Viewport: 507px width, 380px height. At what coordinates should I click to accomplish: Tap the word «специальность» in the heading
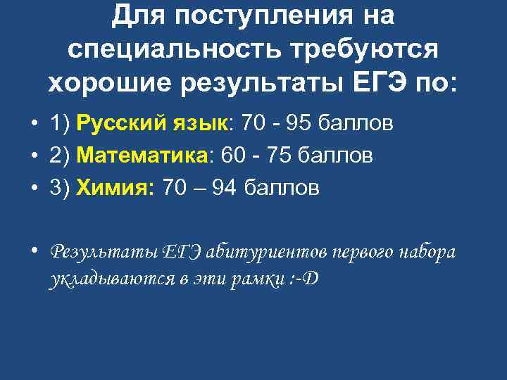pos(170,49)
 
